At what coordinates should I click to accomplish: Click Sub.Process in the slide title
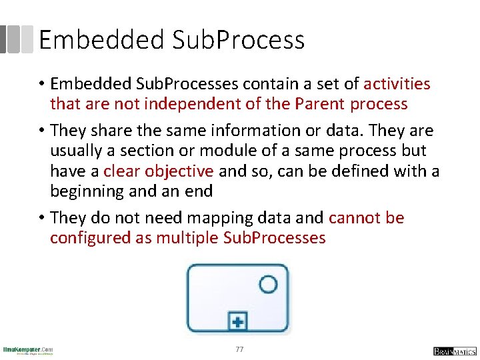point(238,40)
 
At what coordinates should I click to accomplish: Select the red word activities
point(397,83)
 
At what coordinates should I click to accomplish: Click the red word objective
point(179,171)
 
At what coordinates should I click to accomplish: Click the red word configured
point(91,238)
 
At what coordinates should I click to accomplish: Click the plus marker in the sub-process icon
point(237,323)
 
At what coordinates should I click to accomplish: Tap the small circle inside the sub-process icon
point(268,285)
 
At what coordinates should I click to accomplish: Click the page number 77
point(240,349)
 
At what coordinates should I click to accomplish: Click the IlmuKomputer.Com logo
point(27,350)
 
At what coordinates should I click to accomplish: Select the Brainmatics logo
point(454,351)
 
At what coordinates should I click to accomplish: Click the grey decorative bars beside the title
point(17,39)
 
